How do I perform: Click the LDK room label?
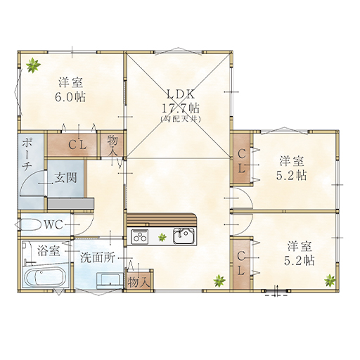(181, 94)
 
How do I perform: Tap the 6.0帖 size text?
(70, 97)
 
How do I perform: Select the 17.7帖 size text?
(181, 108)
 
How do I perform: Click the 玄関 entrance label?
(65, 178)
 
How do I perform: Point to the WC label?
(53, 225)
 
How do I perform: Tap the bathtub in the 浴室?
(45, 278)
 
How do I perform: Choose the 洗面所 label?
(98, 258)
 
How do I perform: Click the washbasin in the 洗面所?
(110, 280)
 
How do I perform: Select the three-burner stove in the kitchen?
(140, 236)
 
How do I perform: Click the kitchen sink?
(184, 236)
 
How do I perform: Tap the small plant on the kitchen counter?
(162, 238)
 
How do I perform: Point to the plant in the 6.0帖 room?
(33, 65)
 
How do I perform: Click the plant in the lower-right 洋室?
(330, 281)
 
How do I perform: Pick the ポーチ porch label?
(27, 154)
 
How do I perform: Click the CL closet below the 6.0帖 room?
(72, 145)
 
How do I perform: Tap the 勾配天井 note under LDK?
(181, 119)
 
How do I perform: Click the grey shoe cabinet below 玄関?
(71, 203)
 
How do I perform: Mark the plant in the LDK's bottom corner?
(219, 281)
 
